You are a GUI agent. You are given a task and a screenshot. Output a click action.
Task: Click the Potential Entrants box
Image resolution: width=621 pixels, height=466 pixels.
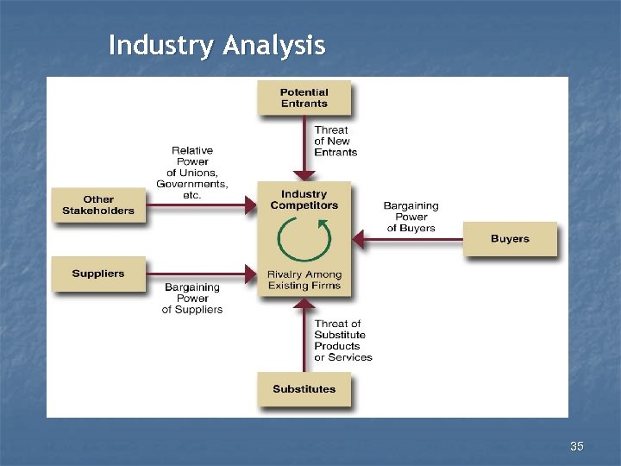(304, 98)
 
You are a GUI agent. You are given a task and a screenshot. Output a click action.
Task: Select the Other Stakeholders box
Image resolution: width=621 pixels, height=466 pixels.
(98, 205)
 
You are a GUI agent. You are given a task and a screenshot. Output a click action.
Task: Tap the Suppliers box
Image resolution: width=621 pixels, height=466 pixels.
(98, 274)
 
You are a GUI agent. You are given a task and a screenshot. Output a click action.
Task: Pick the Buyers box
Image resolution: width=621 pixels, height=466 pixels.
(510, 239)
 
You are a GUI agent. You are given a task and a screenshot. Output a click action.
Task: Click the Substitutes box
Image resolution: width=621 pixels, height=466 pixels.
(304, 389)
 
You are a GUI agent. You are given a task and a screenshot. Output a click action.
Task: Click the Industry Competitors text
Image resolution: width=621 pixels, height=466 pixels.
(304, 200)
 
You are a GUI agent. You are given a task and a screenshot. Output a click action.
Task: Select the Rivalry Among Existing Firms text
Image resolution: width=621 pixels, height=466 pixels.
(304, 280)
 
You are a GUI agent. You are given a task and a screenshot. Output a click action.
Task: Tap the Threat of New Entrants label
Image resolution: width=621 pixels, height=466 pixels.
(336, 142)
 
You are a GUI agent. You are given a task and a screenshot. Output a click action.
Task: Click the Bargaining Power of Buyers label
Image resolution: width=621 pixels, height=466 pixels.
(411, 217)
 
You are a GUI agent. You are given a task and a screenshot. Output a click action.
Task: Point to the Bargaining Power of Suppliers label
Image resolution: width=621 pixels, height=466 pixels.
(192, 298)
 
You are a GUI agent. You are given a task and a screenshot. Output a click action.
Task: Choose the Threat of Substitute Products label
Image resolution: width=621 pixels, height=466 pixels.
(342, 341)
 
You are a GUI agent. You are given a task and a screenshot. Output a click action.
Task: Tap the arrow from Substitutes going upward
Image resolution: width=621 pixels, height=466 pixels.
(304, 337)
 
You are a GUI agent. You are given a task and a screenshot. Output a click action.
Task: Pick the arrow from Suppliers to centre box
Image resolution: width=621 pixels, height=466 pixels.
(202, 274)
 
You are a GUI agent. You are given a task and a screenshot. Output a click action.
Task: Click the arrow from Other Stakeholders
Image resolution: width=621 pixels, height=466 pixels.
(202, 205)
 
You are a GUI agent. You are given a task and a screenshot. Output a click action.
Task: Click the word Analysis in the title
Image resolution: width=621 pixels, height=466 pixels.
(273, 45)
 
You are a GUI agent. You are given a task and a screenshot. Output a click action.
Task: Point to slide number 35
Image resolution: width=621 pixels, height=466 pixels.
(577, 446)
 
